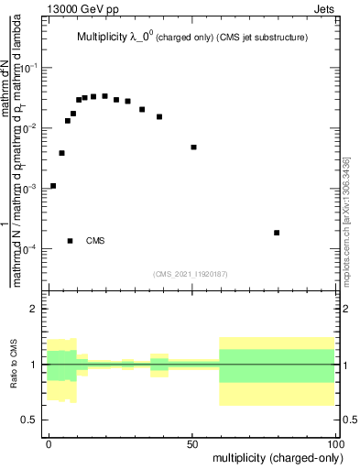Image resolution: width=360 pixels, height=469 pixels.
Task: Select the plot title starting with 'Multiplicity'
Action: (191, 38)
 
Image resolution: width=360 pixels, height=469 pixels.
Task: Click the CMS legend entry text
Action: (95, 241)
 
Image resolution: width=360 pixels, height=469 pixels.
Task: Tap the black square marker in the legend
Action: (71, 241)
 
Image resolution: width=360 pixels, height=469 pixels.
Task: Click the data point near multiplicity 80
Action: (277, 233)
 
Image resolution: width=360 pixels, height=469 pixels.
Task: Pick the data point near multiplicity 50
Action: (194, 147)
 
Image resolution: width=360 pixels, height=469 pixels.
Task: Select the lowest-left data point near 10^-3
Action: (53, 186)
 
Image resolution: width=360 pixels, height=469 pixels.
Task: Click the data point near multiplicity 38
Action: (159, 116)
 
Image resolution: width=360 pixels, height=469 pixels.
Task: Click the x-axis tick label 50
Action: (192, 442)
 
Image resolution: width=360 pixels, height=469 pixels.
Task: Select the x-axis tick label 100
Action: (333, 442)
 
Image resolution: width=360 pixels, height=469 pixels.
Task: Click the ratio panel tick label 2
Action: (33, 310)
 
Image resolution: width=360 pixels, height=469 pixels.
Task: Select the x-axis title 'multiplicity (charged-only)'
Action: (274, 457)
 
